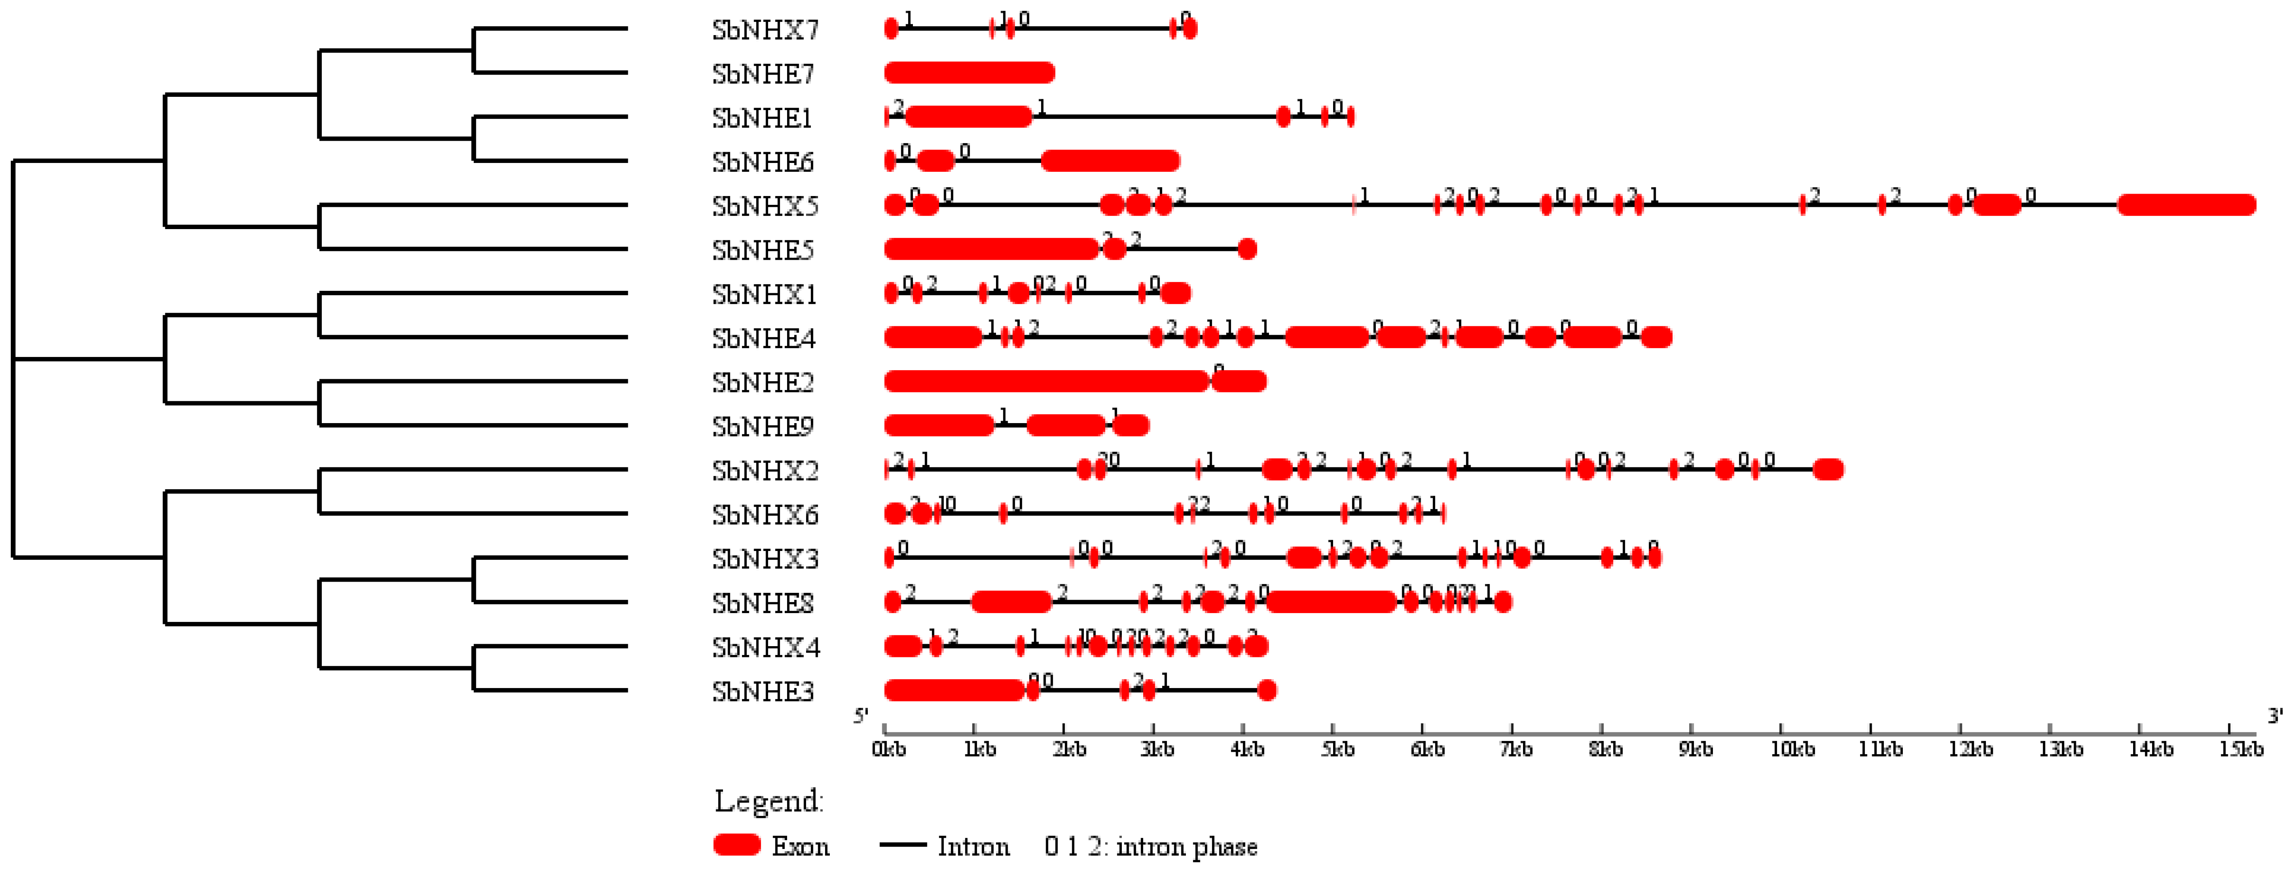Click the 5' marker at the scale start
click(x=860, y=716)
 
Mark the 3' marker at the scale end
click(x=2275, y=716)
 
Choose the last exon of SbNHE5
click(x=1247, y=249)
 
